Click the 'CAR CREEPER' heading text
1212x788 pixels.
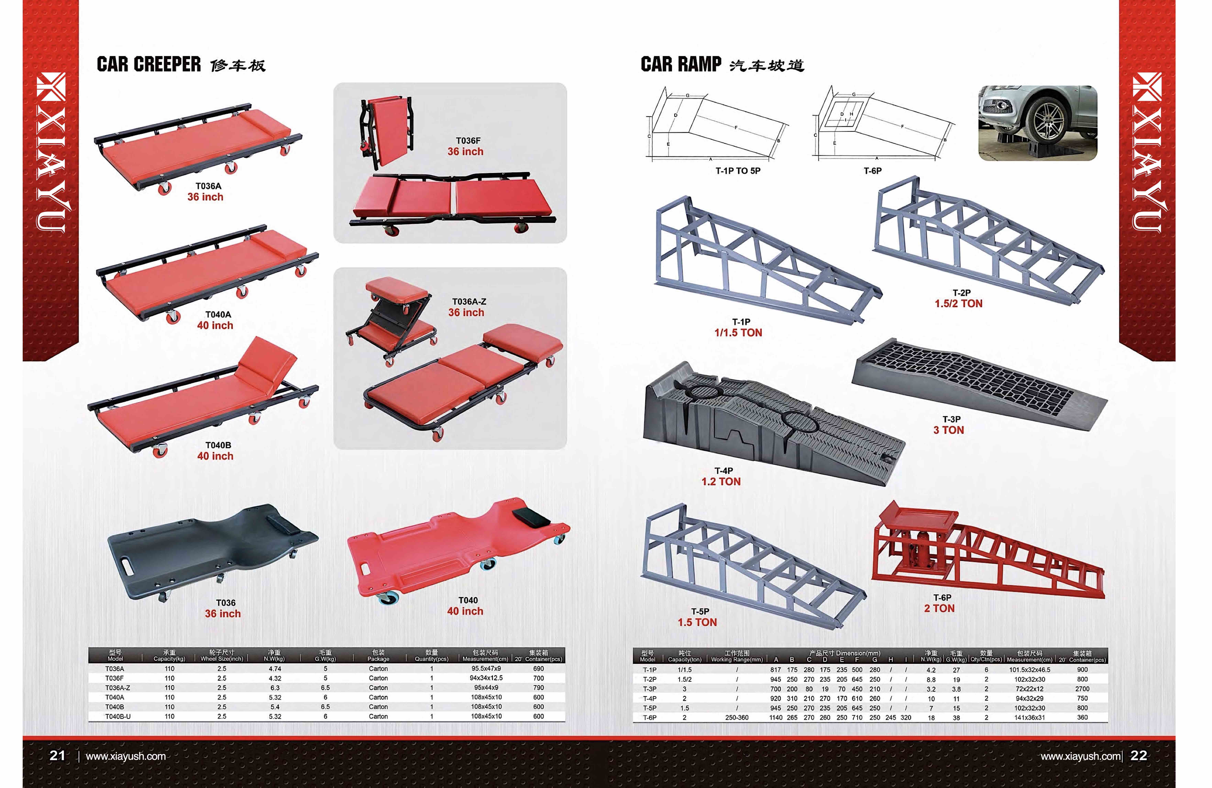(149, 65)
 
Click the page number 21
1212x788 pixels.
(57, 755)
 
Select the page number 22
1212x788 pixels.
(1139, 755)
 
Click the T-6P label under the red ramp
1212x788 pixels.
(942, 597)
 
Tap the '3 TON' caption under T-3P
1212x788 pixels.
(948, 430)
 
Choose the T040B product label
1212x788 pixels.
(218, 445)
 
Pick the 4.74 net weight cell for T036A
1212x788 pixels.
(274, 669)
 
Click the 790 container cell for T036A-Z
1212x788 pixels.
(538, 688)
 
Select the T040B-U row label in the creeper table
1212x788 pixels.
(118, 716)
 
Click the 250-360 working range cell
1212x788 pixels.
(736, 718)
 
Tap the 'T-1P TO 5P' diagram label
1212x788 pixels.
(738, 171)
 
